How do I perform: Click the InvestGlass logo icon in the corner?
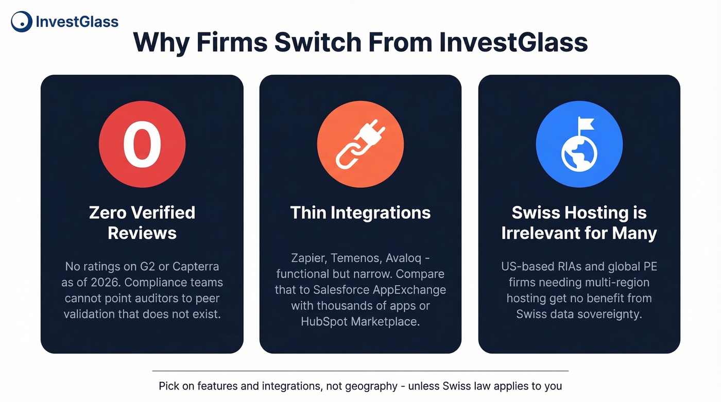(x=21, y=21)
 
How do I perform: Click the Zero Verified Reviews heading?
(x=142, y=222)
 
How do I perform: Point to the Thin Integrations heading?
(x=360, y=213)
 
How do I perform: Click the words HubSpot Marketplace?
(x=360, y=322)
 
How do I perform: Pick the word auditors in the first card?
(x=173, y=298)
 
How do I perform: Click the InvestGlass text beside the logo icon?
(x=77, y=22)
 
